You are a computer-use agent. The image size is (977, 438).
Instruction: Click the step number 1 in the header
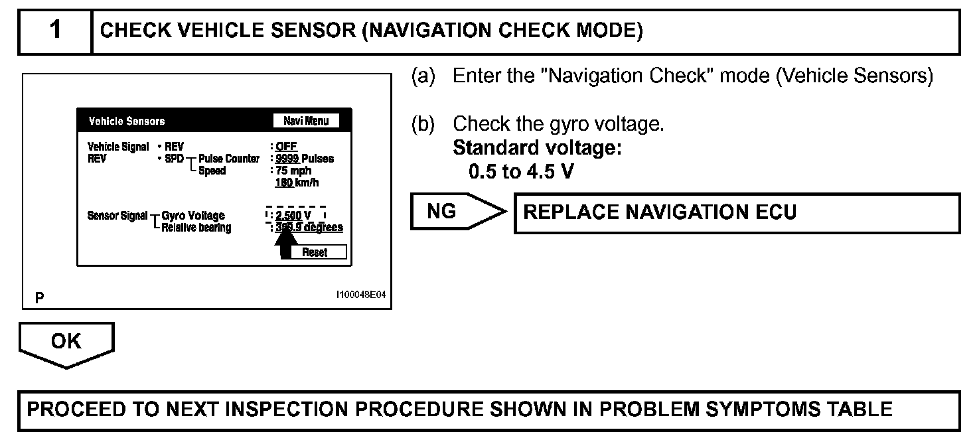point(55,31)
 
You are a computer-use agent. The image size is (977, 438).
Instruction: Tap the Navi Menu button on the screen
point(306,121)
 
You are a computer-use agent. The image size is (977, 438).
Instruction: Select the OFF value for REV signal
point(287,147)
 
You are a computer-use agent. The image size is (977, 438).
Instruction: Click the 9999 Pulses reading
point(305,159)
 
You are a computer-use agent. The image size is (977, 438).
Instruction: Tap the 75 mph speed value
point(293,171)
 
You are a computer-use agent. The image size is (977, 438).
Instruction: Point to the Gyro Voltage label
point(193,216)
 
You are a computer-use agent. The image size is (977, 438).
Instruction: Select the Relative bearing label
point(196,228)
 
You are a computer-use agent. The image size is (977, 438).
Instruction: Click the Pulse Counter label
point(229,159)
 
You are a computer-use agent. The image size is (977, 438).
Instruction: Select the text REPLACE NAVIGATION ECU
point(660,212)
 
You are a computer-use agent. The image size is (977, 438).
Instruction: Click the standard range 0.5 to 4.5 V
point(521,172)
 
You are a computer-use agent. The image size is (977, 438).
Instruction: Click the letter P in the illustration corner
point(40,299)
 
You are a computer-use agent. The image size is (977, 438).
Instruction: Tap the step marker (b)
point(423,124)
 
